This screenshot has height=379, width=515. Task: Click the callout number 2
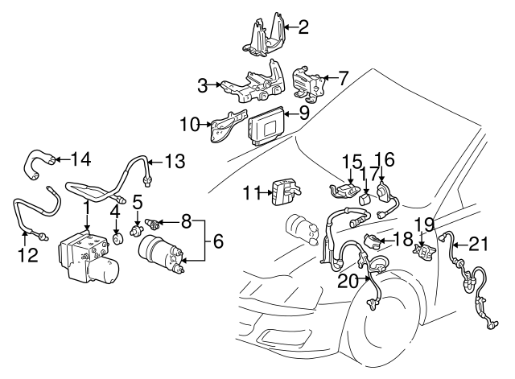point(303,28)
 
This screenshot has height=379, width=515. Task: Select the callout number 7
point(344,78)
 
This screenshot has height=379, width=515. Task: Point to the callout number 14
point(81,157)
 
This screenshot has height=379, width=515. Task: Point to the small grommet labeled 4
point(119,235)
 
